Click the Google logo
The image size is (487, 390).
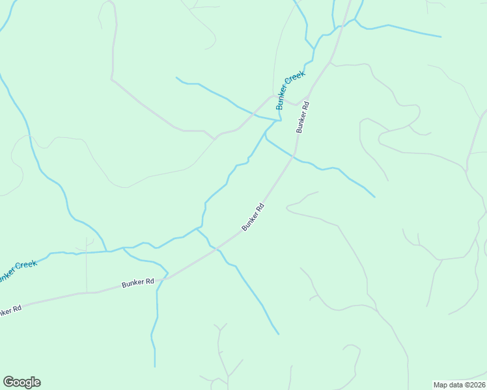[21, 382]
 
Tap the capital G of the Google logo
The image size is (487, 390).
[8, 382]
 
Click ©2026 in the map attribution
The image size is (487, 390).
[473, 384]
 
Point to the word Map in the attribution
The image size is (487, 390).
[441, 384]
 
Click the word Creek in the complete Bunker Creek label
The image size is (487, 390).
[297, 79]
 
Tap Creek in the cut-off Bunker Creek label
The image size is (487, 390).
[22, 268]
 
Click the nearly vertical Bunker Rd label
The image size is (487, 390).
[302, 117]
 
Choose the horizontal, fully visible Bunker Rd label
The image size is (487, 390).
[137, 283]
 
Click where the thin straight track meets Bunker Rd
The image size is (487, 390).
[87, 292]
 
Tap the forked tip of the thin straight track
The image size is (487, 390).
[86, 242]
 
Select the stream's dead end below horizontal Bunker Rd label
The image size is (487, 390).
[155, 367]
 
